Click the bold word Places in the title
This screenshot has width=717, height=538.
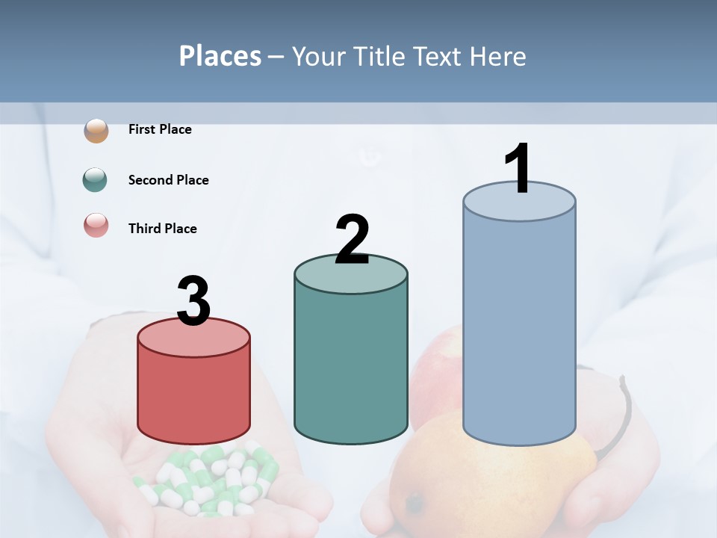click(220, 57)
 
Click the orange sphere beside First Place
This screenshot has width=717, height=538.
click(96, 130)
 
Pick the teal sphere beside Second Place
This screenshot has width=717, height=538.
click(96, 180)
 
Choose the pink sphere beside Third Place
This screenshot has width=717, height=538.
click(96, 226)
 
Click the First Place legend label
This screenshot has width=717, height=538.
click(160, 129)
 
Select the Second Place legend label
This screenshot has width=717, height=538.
click(169, 180)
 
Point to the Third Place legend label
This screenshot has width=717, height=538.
click(163, 229)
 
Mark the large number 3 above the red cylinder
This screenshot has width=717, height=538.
click(193, 301)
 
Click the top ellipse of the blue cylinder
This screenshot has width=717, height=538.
click(519, 202)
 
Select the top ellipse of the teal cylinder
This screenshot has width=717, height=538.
click(351, 273)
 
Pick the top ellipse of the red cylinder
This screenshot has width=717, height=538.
click(193, 338)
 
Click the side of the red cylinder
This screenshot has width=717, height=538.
click(193, 396)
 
